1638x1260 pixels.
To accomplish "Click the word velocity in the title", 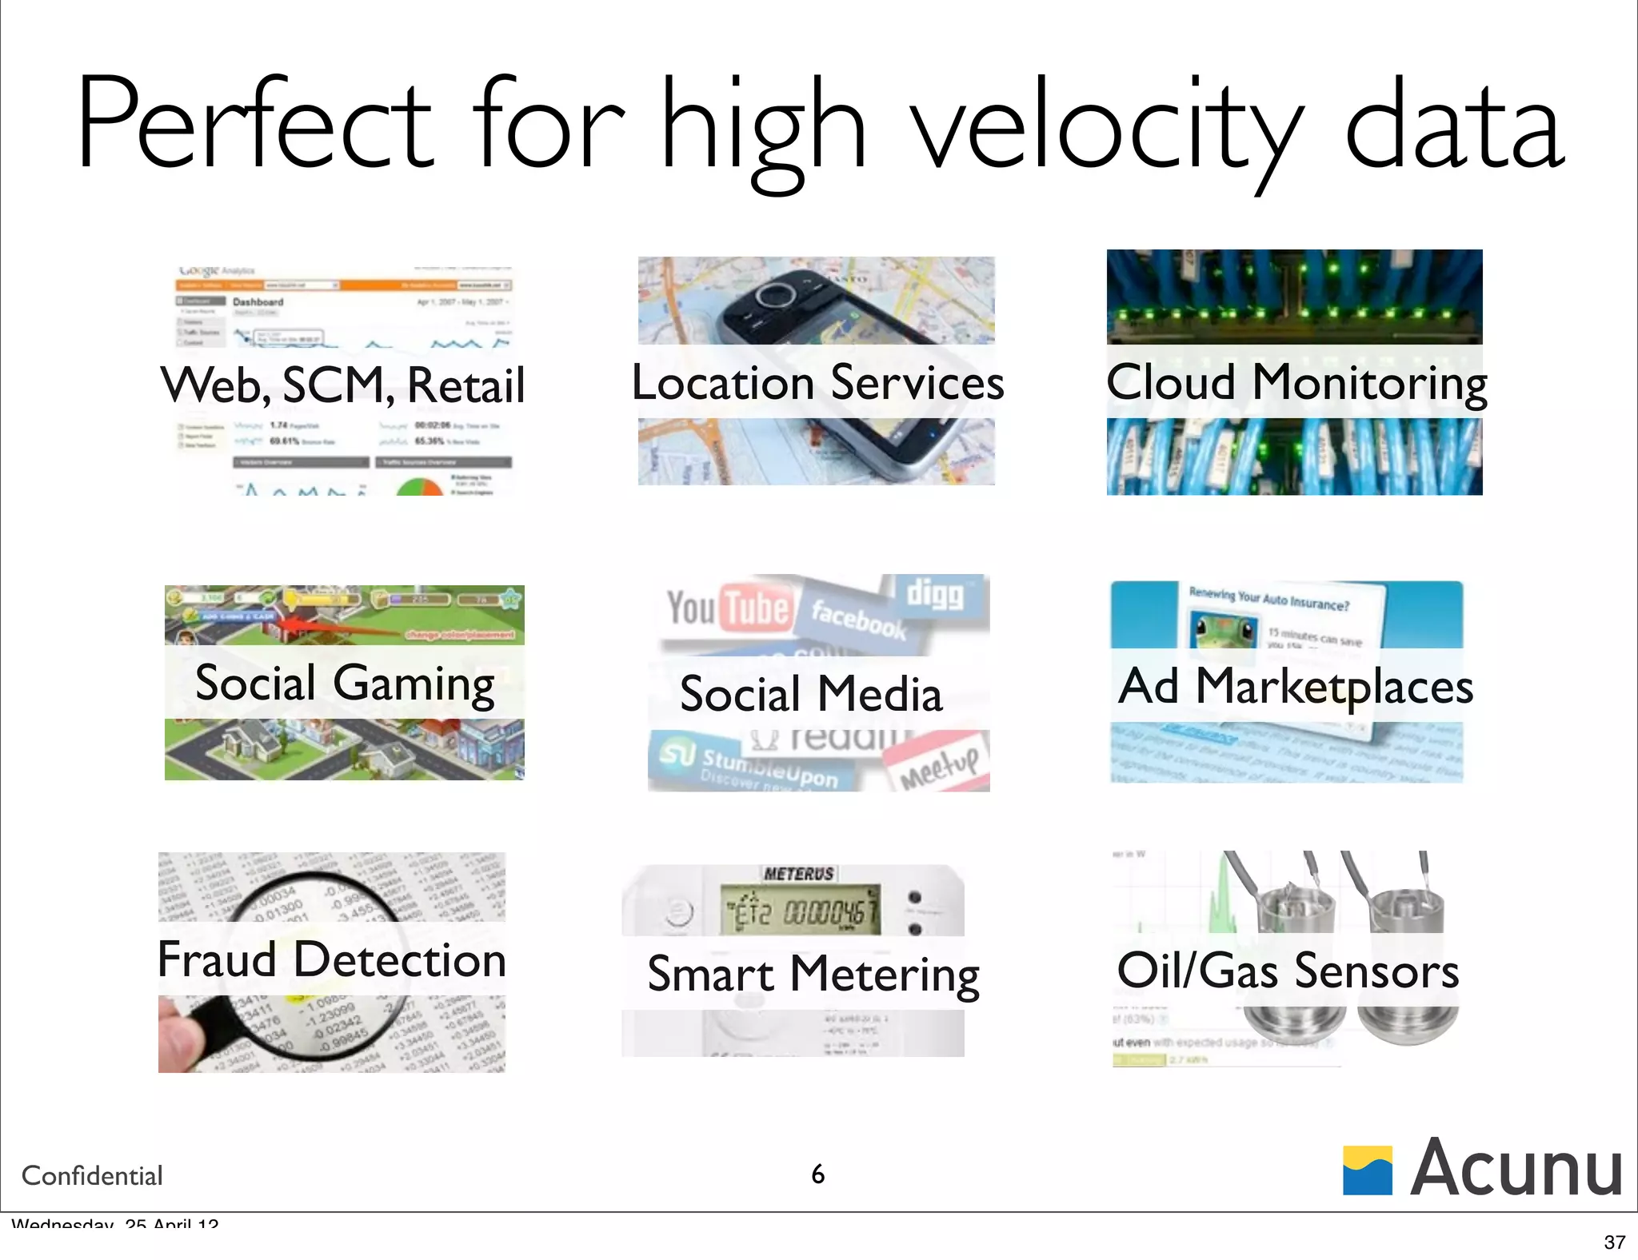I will tap(1104, 128).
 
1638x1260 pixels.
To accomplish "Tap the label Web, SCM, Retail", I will tap(342, 385).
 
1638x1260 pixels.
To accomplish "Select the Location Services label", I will tap(817, 382).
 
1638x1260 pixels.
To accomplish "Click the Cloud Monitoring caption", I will tap(1296, 382).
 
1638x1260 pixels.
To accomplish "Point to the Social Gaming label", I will tap(345, 684).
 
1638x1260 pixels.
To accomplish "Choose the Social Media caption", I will tap(811, 694).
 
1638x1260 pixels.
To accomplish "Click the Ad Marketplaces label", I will tap(1295, 687).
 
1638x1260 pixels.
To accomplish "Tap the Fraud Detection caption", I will tap(332, 959).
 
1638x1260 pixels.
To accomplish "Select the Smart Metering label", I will tap(813, 975).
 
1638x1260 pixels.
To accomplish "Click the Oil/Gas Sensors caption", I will tap(1288, 971).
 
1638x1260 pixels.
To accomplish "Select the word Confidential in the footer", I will tap(92, 1176).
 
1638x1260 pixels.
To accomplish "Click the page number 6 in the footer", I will tap(817, 1174).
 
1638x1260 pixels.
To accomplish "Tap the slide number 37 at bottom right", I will tap(1614, 1242).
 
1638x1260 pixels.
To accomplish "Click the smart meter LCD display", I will tap(800, 910).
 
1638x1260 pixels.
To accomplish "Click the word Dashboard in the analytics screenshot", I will tap(258, 301).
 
